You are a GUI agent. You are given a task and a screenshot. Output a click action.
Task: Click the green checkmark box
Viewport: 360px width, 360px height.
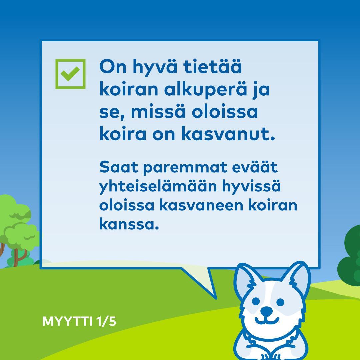point(70,74)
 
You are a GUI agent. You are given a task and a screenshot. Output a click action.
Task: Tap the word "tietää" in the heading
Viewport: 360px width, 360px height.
point(212,67)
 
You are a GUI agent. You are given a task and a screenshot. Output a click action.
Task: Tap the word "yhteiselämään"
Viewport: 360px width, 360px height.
point(158,187)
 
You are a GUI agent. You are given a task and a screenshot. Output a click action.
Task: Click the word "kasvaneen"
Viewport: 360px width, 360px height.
point(201,205)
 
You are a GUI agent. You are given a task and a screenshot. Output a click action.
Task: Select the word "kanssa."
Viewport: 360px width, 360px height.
point(129,224)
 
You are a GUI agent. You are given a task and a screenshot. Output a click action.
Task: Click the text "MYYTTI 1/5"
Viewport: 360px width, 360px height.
point(79,321)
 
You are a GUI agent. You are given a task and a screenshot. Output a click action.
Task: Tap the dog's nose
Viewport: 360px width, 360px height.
point(266,311)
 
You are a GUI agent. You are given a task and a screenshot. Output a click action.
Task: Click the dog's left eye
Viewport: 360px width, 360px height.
point(256,301)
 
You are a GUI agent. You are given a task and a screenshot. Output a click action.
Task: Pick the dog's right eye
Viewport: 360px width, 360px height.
point(280,302)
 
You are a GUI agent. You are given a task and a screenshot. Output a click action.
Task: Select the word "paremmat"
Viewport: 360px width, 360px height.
point(185,168)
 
